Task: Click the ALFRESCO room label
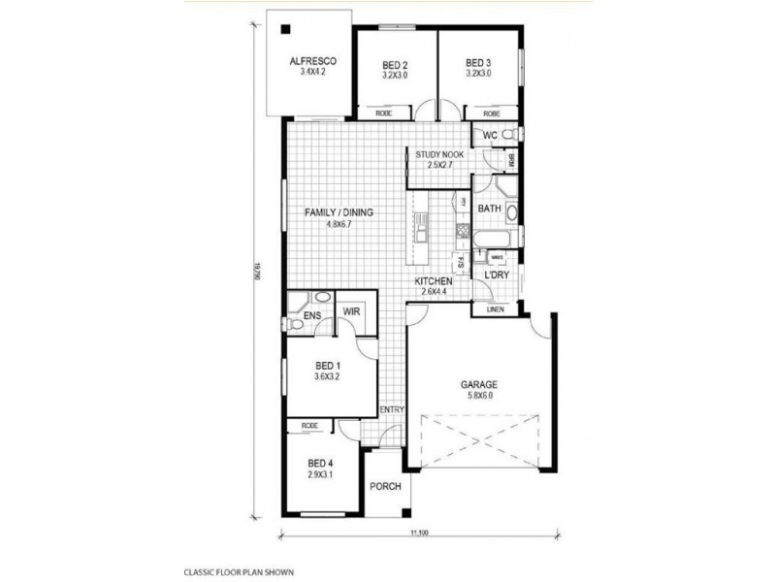tap(311, 61)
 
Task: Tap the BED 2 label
tap(394, 65)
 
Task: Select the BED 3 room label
tap(478, 65)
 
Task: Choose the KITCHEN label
tap(434, 281)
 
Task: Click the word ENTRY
tap(392, 410)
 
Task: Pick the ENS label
tap(311, 315)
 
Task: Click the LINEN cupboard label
tap(494, 309)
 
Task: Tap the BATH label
tap(490, 209)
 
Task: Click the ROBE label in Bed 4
tap(310, 427)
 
